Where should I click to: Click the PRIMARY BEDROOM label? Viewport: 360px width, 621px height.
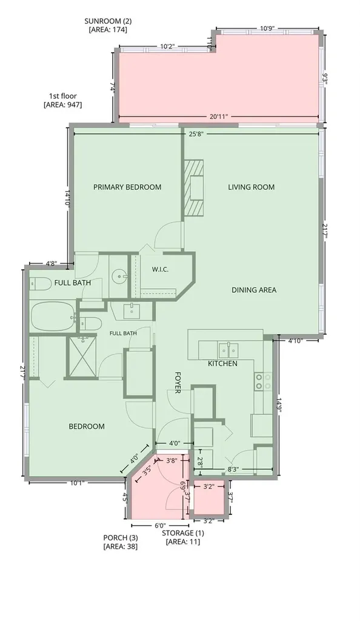pyautogui.click(x=127, y=187)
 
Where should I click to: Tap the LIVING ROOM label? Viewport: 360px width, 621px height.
pyautogui.click(x=251, y=187)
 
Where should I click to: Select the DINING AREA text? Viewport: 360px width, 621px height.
pyautogui.click(x=254, y=290)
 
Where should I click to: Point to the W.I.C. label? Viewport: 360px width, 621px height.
pyautogui.click(x=160, y=269)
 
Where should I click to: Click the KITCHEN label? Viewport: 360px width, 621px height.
pyautogui.click(x=222, y=364)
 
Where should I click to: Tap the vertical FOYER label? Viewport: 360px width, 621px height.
pyautogui.click(x=178, y=382)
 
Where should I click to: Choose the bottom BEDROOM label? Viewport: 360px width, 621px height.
pyautogui.click(x=87, y=426)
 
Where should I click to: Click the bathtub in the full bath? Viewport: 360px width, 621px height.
pyautogui.click(x=53, y=317)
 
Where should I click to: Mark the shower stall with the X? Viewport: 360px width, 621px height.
pyautogui.click(x=82, y=355)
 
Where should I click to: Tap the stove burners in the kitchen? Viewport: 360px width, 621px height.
pyautogui.click(x=263, y=381)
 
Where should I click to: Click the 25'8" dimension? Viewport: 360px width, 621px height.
pyautogui.click(x=196, y=134)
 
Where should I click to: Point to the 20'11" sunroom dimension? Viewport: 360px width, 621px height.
pyautogui.click(x=219, y=116)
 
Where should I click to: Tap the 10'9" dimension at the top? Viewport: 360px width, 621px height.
pyautogui.click(x=267, y=29)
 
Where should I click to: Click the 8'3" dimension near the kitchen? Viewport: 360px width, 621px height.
pyautogui.click(x=233, y=470)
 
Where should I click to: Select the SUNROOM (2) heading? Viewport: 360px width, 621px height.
pyautogui.click(x=108, y=21)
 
